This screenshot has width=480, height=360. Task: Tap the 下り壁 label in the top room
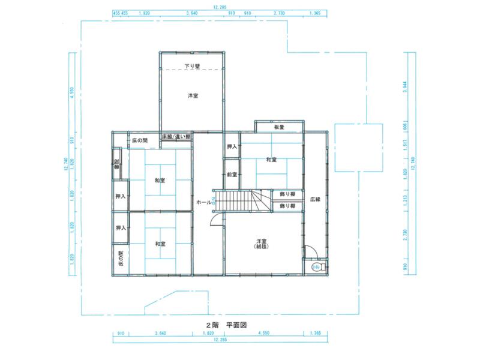(192, 66)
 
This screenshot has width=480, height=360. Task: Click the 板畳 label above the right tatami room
(279, 127)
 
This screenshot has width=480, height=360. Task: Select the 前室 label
(232, 175)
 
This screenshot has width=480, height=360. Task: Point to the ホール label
(204, 203)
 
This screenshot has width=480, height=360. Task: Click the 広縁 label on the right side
(315, 199)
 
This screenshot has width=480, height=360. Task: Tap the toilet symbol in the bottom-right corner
(316, 267)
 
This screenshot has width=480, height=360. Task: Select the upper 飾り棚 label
(287, 194)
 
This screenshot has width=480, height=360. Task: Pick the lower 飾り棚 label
(287, 206)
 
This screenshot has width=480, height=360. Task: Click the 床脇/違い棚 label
(176, 137)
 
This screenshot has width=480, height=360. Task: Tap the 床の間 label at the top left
(139, 140)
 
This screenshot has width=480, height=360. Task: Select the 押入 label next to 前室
(232, 147)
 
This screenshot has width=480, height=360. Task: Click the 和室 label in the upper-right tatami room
(271, 160)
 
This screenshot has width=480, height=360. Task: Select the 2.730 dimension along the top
(278, 12)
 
